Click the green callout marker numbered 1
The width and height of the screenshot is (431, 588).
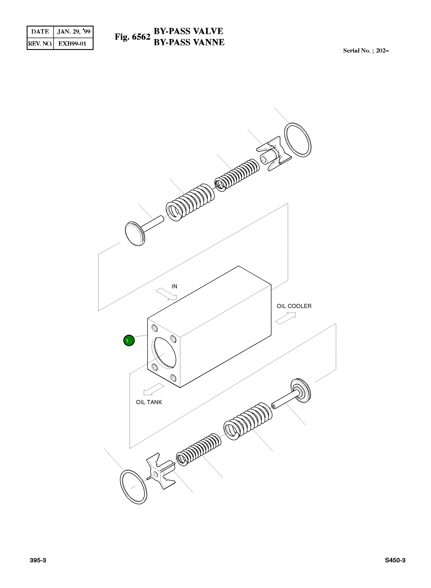[129, 341]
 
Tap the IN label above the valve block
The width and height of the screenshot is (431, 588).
[174, 286]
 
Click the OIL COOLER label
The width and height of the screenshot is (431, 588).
[294, 306]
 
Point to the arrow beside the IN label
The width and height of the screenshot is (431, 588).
[166, 294]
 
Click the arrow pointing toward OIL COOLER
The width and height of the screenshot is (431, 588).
[286, 318]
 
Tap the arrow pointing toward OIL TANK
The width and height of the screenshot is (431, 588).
[154, 389]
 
